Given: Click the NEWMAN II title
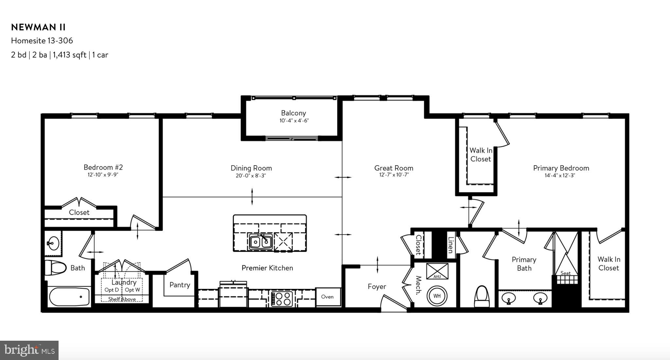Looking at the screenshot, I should tap(38, 27).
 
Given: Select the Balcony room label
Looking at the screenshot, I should tap(293, 113).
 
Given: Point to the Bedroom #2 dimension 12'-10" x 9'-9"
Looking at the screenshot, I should tap(103, 175).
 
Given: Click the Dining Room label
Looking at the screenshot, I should tap(251, 168).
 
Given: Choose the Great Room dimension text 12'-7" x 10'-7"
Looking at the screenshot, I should tap(394, 175).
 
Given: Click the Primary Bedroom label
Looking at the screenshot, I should tap(561, 168).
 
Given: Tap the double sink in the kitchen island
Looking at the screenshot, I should tap(260, 242).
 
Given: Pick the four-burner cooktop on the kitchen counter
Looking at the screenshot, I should tap(282, 298).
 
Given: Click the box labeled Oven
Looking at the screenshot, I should tap(327, 297).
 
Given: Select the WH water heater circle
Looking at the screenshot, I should tap(437, 296).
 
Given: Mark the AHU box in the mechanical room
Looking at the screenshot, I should tap(437, 271).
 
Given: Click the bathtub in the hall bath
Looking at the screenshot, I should tap(70, 297).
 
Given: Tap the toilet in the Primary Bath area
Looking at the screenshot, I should tap(482, 297).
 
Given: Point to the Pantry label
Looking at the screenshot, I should tap(180, 285).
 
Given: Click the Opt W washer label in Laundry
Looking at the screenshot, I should tap(132, 290).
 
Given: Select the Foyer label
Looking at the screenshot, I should tap(377, 287).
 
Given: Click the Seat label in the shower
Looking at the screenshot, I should tap(565, 273).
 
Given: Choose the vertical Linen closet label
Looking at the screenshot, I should tap(451, 245).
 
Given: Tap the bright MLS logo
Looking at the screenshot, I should tap(29, 350).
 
